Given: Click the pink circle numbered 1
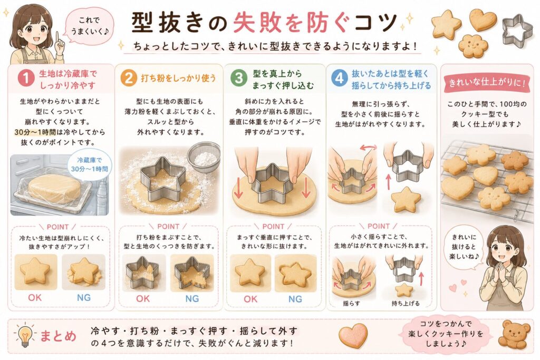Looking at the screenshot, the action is (x=26, y=78).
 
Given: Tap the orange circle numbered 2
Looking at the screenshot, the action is (x=129, y=78).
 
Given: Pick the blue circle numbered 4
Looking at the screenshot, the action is (x=339, y=78).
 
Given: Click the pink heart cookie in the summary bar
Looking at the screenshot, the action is (x=353, y=335).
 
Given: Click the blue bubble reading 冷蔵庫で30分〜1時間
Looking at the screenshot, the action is (x=89, y=164).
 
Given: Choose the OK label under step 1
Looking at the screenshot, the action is (x=35, y=297).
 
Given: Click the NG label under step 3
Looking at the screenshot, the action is (x=295, y=299).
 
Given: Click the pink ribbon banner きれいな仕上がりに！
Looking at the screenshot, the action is (x=487, y=83).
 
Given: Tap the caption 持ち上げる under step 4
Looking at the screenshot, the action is (x=406, y=303).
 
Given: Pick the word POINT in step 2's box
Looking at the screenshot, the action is (x=168, y=227).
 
